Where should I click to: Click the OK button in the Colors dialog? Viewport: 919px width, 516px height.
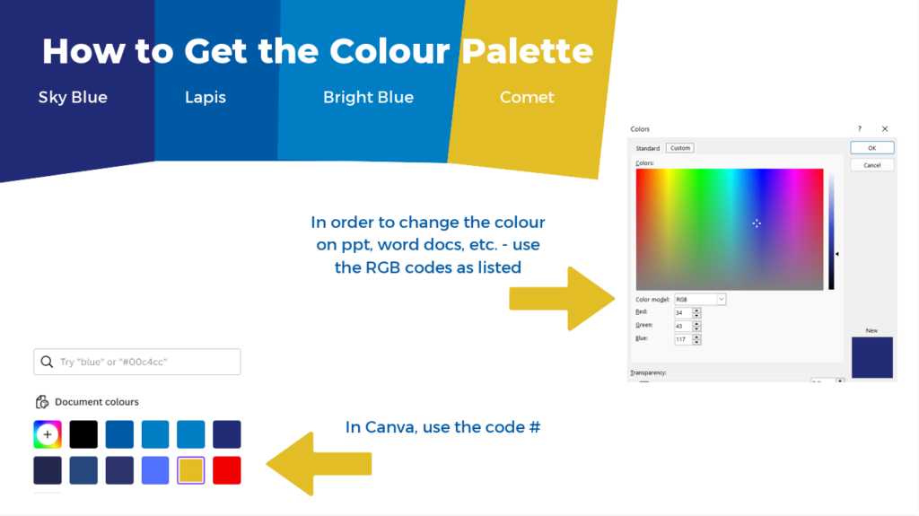[872, 148]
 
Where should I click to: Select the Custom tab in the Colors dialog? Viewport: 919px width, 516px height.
[680, 148]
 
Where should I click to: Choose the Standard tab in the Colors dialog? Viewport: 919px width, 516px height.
[648, 148]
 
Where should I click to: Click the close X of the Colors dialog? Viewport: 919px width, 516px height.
[885, 129]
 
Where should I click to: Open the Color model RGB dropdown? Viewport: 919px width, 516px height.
[700, 300]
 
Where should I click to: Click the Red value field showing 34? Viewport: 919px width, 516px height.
[683, 313]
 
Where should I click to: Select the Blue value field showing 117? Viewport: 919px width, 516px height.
[683, 339]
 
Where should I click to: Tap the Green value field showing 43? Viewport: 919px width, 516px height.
[683, 326]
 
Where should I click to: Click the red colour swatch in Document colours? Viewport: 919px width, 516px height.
[227, 470]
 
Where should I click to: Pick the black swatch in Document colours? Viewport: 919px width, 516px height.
[83, 434]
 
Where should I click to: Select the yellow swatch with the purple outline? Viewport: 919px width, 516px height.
[191, 470]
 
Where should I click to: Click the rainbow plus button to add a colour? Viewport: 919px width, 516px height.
[48, 434]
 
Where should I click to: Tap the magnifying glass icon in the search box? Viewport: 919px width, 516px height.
[47, 362]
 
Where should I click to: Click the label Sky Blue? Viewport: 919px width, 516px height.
[73, 97]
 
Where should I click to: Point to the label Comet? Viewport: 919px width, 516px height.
[527, 97]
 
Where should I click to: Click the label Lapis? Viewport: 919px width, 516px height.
[206, 97]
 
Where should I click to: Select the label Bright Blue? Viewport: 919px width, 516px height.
[368, 97]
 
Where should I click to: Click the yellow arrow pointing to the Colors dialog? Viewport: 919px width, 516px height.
[562, 299]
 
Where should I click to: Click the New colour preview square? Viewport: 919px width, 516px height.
[872, 357]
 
